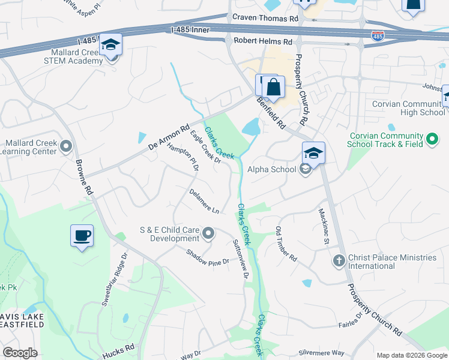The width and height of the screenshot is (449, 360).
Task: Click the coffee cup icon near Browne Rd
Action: (82, 235)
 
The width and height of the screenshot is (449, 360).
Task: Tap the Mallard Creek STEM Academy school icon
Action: (110, 46)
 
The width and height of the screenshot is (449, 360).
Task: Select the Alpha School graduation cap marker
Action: (313, 154)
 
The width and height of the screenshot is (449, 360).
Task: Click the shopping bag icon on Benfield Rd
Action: (273, 87)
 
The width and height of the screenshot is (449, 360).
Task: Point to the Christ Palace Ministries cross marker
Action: (339, 261)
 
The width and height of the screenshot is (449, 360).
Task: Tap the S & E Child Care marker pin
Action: (208, 233)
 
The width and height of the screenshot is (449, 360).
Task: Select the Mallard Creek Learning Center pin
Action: (66, 146)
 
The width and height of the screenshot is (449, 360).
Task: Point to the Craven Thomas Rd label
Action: (265, 19)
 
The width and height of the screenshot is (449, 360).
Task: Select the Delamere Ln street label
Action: (204, 201)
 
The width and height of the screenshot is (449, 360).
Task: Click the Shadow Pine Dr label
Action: (208, 257)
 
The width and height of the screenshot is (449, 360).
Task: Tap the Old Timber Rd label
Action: (286, 244)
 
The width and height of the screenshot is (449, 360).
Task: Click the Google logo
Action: (20, 352)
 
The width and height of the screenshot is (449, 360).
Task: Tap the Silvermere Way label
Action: (322, 353)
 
